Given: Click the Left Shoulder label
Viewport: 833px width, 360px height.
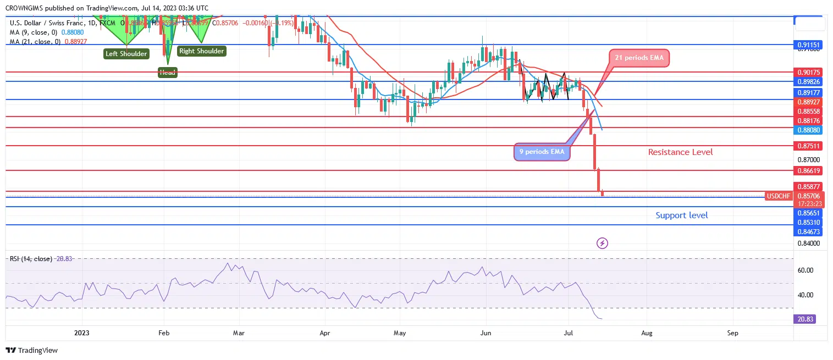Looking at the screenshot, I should click(126, 54).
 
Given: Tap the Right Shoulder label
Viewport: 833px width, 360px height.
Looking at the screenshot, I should click(201, 51).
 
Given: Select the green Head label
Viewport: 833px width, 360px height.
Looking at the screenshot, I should click(167, 72).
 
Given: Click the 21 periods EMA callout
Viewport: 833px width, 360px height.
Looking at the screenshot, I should click(639, 58).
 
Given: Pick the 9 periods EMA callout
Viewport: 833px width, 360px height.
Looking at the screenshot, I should click(542, 152).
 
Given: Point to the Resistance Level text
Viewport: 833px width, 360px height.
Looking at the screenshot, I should click(680, 152).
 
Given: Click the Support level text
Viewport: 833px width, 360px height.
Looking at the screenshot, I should click(682, 215).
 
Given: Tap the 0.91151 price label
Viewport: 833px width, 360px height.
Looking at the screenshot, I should click(809, 45).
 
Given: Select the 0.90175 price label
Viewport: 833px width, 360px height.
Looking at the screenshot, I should click(809, 72).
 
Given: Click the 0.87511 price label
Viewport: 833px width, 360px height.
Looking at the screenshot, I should click(809, 146).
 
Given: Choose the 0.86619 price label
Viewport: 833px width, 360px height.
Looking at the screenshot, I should click(809, 171).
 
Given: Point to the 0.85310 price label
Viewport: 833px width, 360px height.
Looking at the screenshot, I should click(809, 222).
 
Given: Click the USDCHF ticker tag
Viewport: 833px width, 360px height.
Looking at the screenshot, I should click(778, 196).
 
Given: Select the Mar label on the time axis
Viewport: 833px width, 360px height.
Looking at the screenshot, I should click(238, 333).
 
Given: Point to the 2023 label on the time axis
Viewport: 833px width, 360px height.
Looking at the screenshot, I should click(81, 333).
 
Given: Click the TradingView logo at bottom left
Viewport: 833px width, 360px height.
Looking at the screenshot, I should click(32, 350).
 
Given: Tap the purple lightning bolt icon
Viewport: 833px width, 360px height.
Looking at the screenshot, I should click(603, 243).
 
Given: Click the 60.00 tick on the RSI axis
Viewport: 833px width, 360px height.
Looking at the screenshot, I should click(806, 270).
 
